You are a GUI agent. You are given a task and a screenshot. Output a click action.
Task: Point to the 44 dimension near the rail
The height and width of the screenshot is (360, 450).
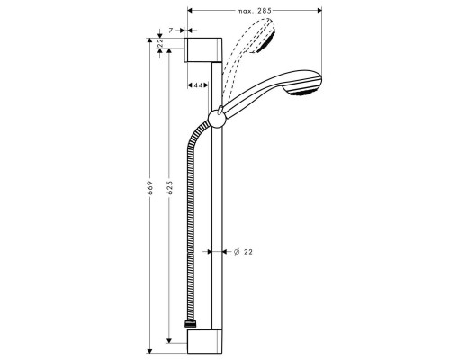196,85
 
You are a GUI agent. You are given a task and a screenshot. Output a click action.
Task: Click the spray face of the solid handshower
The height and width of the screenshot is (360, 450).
310,86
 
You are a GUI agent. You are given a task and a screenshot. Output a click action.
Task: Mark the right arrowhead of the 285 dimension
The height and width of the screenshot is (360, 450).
320,11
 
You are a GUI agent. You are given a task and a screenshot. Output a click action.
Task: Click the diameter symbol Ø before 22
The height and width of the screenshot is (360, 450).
235,253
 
